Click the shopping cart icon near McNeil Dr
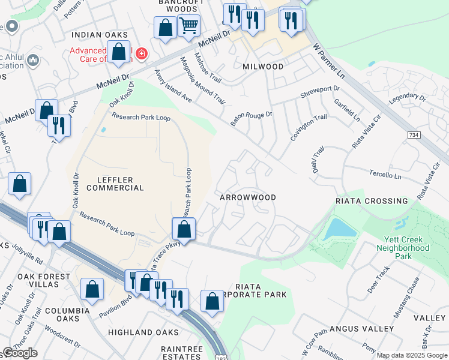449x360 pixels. (188, 26)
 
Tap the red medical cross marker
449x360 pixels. (142, 54)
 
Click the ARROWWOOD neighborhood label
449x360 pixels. (248, 197)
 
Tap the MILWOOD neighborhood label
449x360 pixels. (264, 67)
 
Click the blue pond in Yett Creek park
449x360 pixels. (339, 229)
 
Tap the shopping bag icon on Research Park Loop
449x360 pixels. (184, 230)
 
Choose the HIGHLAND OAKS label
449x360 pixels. (143, 332)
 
